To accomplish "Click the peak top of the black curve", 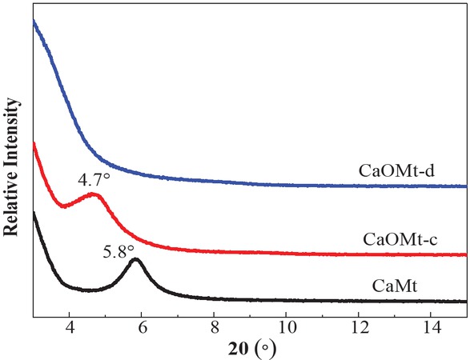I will click(135, 259).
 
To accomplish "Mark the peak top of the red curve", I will click(94, 194).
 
